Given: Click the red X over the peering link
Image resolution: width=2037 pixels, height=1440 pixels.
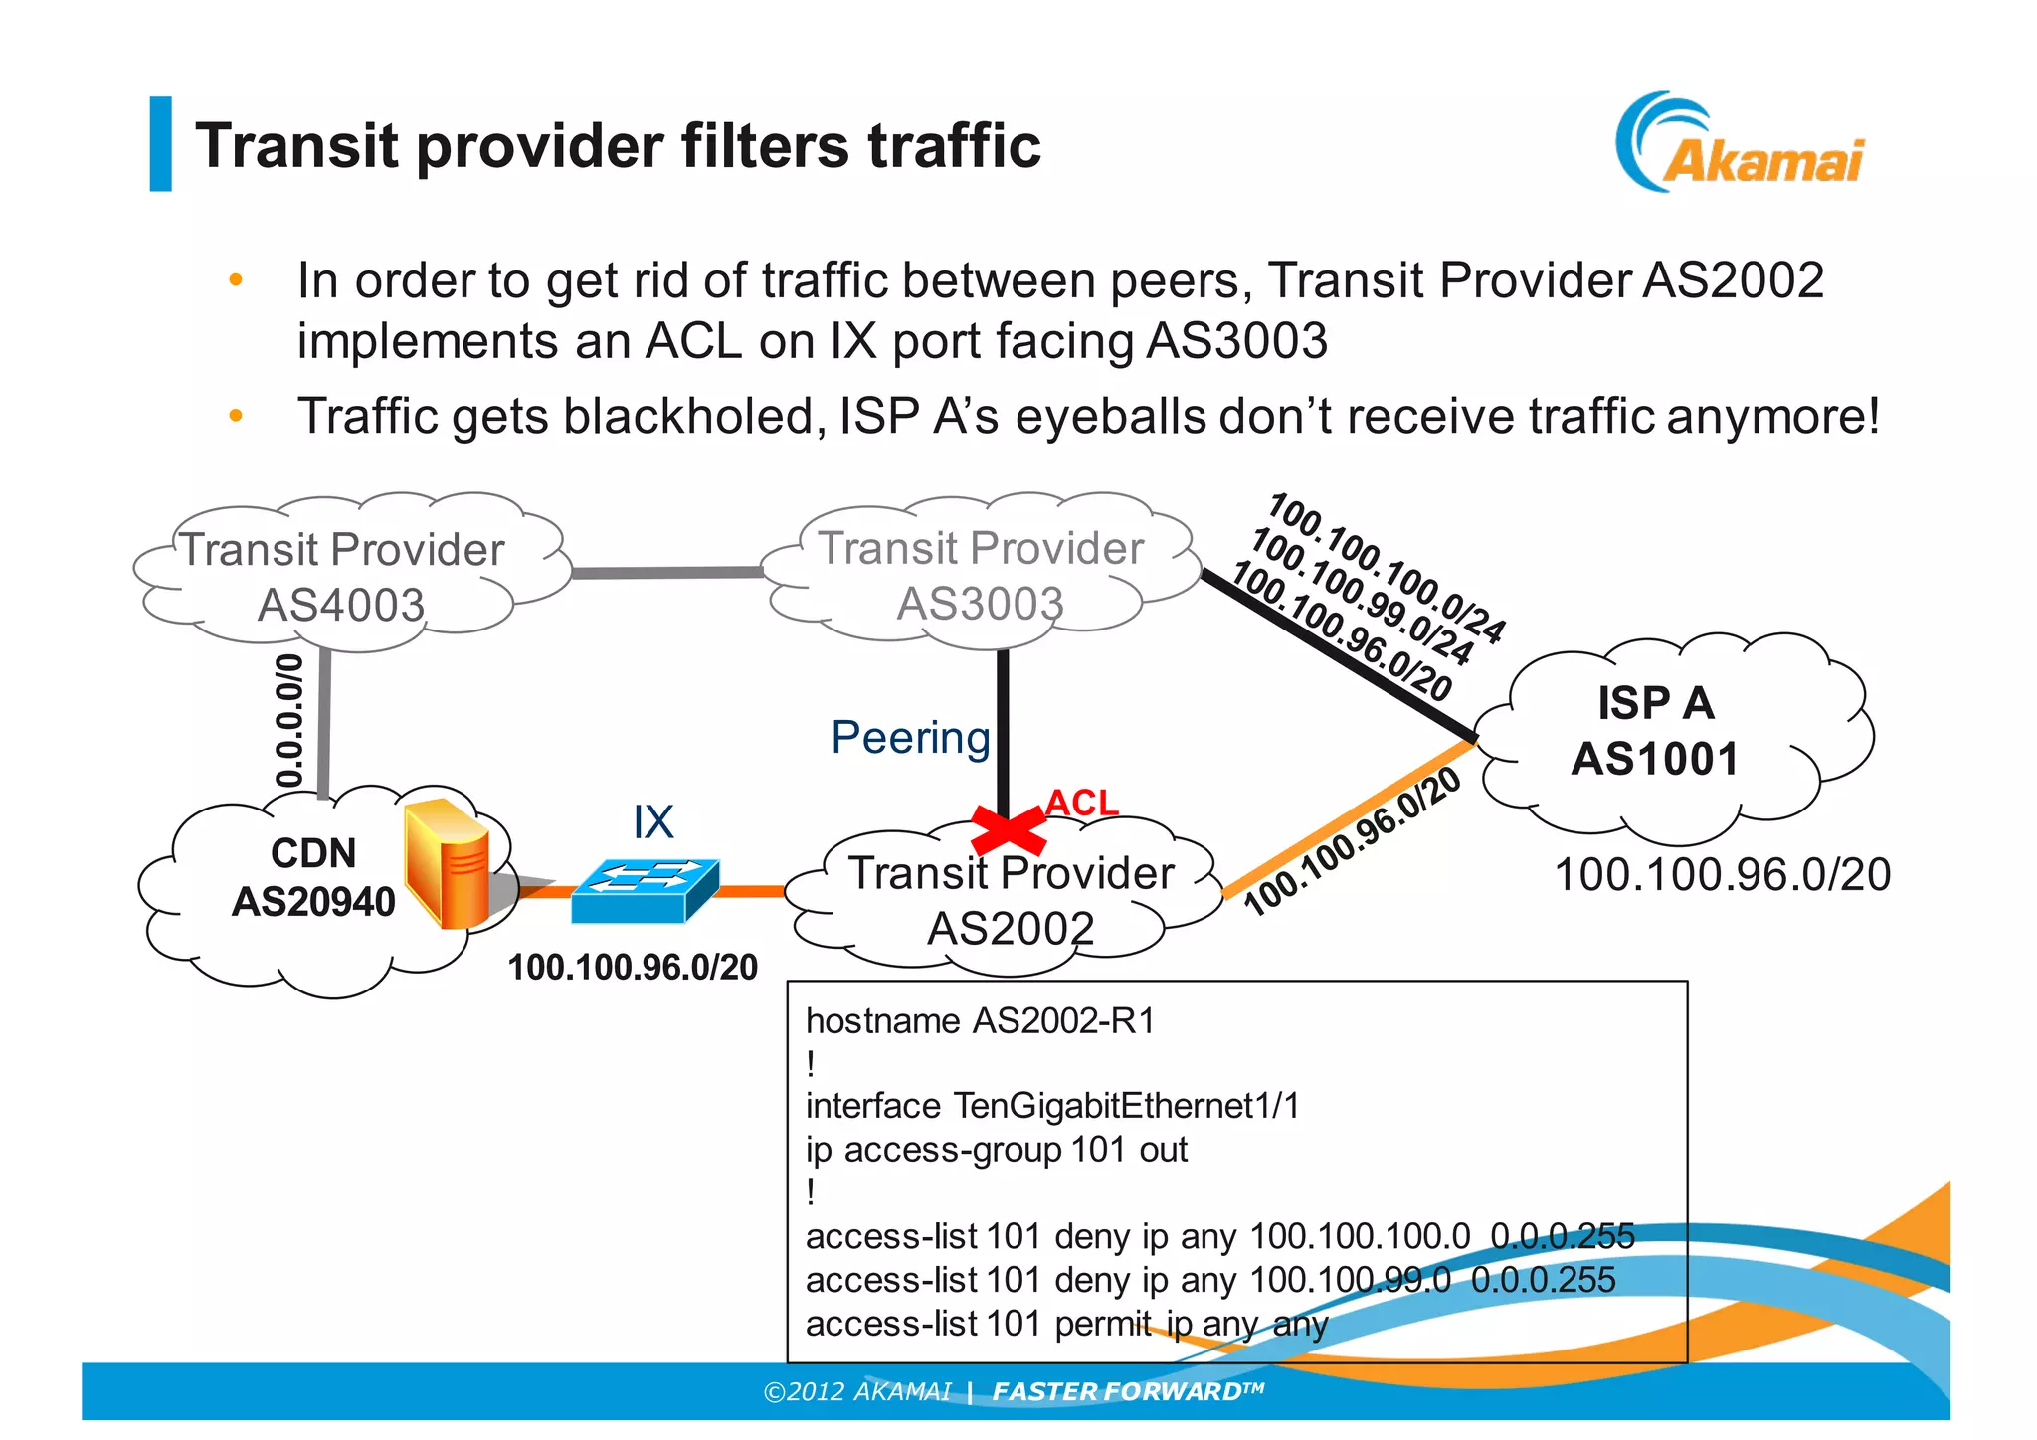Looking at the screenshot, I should pos(1008,830).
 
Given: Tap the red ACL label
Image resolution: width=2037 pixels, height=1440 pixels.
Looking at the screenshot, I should pos(1082,802).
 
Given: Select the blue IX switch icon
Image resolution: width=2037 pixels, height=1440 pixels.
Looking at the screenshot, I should pos(646,889).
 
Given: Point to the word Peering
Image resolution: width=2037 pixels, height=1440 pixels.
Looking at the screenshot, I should pos(910,738).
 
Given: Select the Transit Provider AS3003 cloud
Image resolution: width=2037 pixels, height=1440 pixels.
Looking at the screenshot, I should pos(980,575).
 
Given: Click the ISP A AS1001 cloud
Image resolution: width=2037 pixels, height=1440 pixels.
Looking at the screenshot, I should pos(1656,731).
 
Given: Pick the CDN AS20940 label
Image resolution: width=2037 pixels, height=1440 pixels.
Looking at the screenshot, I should pos(313,877).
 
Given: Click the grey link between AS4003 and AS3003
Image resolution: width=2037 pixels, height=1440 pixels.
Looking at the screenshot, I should pos(666,573).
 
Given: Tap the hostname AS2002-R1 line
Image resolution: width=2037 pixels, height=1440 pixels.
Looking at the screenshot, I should pos(980,1021).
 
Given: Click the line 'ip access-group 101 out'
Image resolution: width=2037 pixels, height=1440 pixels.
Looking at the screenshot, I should pos(996,1150).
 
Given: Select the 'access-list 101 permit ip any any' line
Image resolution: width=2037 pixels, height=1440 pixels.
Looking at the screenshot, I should pos(1066,1325).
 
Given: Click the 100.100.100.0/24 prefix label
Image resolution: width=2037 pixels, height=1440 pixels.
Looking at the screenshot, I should pos(1387,567).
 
